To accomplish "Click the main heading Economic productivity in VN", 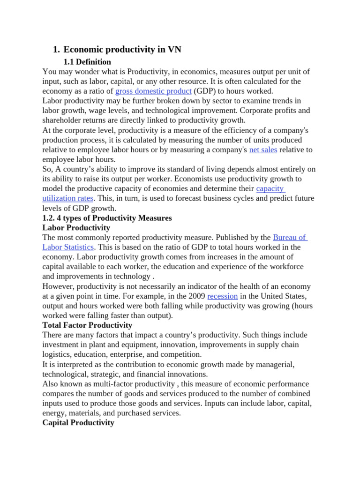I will [x=122, y=50].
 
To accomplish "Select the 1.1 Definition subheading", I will [x=87, y=62].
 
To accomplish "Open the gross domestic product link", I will [x=153, y=91].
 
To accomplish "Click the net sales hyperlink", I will [x=263, y=150].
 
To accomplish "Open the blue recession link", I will [x=222, y=296].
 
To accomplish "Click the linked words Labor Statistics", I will [x=68, y=247].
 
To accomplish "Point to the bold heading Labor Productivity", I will [x=76, y=228].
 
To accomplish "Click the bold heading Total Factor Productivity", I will [x=87, y=325].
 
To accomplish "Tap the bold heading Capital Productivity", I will [x=78, y=422].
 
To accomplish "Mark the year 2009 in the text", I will [x=195, y=296].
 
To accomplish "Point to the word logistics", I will [x=58, y=354].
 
